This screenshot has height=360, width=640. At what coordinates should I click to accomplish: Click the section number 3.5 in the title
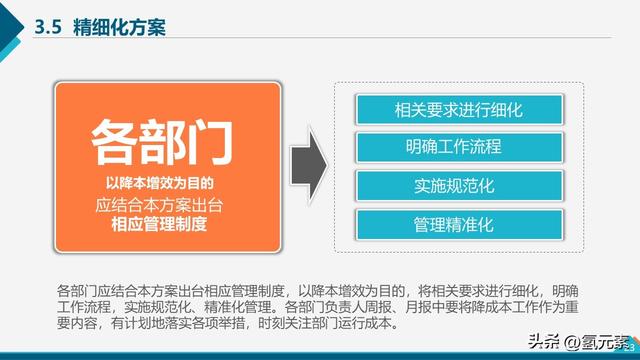tap(49, 27)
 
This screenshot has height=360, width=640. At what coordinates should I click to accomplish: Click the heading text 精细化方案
tap(119, 27)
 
